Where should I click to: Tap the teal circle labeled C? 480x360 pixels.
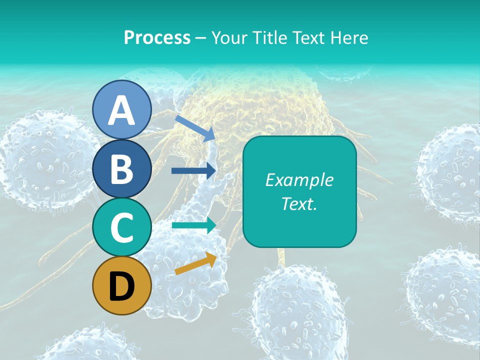121,227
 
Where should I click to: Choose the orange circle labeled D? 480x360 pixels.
121,286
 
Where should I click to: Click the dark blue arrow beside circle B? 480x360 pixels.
193,170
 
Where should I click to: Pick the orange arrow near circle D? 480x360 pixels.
195,263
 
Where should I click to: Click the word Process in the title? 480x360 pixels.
157,37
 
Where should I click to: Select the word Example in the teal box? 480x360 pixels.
299,180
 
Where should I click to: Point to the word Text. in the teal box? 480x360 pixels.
299,203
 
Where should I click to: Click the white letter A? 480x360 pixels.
121,110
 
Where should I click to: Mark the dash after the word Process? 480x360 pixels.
201,38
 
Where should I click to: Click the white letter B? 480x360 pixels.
121,169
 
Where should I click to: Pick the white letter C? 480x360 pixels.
121,228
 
